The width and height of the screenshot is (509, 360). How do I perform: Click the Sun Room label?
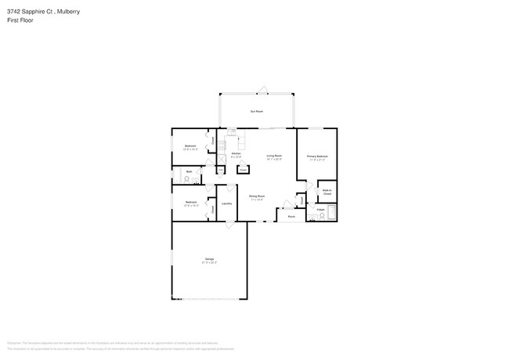tap(256, 112)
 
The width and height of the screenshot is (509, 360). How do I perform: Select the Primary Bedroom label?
tap(316, 157)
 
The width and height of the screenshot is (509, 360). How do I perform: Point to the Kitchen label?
tap(236, 153)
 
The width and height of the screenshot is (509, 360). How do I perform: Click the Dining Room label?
tap(256, 196)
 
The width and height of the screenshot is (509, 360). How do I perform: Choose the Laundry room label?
tap(226, 203)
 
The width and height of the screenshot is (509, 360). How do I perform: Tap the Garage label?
tap(209, 259)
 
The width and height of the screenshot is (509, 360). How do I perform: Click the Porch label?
tap(291, 216)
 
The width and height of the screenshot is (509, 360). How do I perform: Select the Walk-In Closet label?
tap(327, 191)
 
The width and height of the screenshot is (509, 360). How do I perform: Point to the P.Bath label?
tap(320, 210)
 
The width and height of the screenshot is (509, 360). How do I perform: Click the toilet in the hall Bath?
tap(186, 179)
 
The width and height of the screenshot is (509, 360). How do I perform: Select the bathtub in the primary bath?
tap(331, 212)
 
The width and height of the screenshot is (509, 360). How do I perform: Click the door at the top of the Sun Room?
tap(264, 88)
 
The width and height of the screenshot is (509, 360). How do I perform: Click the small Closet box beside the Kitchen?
tap(243, 168)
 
